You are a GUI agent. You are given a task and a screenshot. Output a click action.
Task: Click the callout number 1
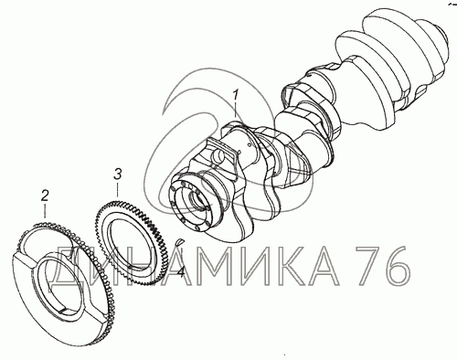click(x=235, y=95)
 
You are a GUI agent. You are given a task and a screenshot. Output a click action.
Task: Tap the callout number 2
click(x=45, y=196)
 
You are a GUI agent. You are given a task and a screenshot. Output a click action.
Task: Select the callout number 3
click(x=118, y=175)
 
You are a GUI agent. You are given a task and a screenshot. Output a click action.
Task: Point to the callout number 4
click(x=181, y=271)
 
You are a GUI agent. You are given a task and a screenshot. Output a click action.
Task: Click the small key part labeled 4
click(x=180, y=241)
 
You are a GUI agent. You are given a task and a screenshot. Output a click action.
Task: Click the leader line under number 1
click(x=235, y=111)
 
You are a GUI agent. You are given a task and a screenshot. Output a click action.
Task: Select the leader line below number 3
click(x=117, y=189)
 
